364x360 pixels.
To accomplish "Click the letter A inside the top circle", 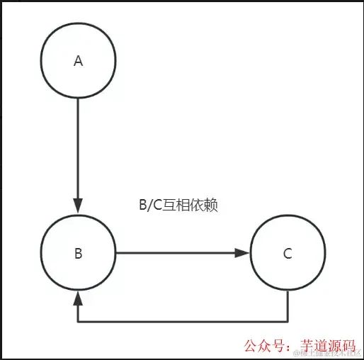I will [79, 62].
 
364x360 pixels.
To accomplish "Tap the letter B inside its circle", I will [79, 254].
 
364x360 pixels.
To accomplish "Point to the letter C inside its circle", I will [288, 254].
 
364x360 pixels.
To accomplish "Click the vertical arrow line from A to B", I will [79, 142].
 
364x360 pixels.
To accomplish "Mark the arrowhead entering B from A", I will [79, 209].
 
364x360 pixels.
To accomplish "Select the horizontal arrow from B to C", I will [177, 253].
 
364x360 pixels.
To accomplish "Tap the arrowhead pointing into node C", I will [244, 253].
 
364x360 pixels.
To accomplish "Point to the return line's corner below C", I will [288, 322].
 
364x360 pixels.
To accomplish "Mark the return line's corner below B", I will [79, 322].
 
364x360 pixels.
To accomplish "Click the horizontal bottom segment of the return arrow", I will [184, 322].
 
